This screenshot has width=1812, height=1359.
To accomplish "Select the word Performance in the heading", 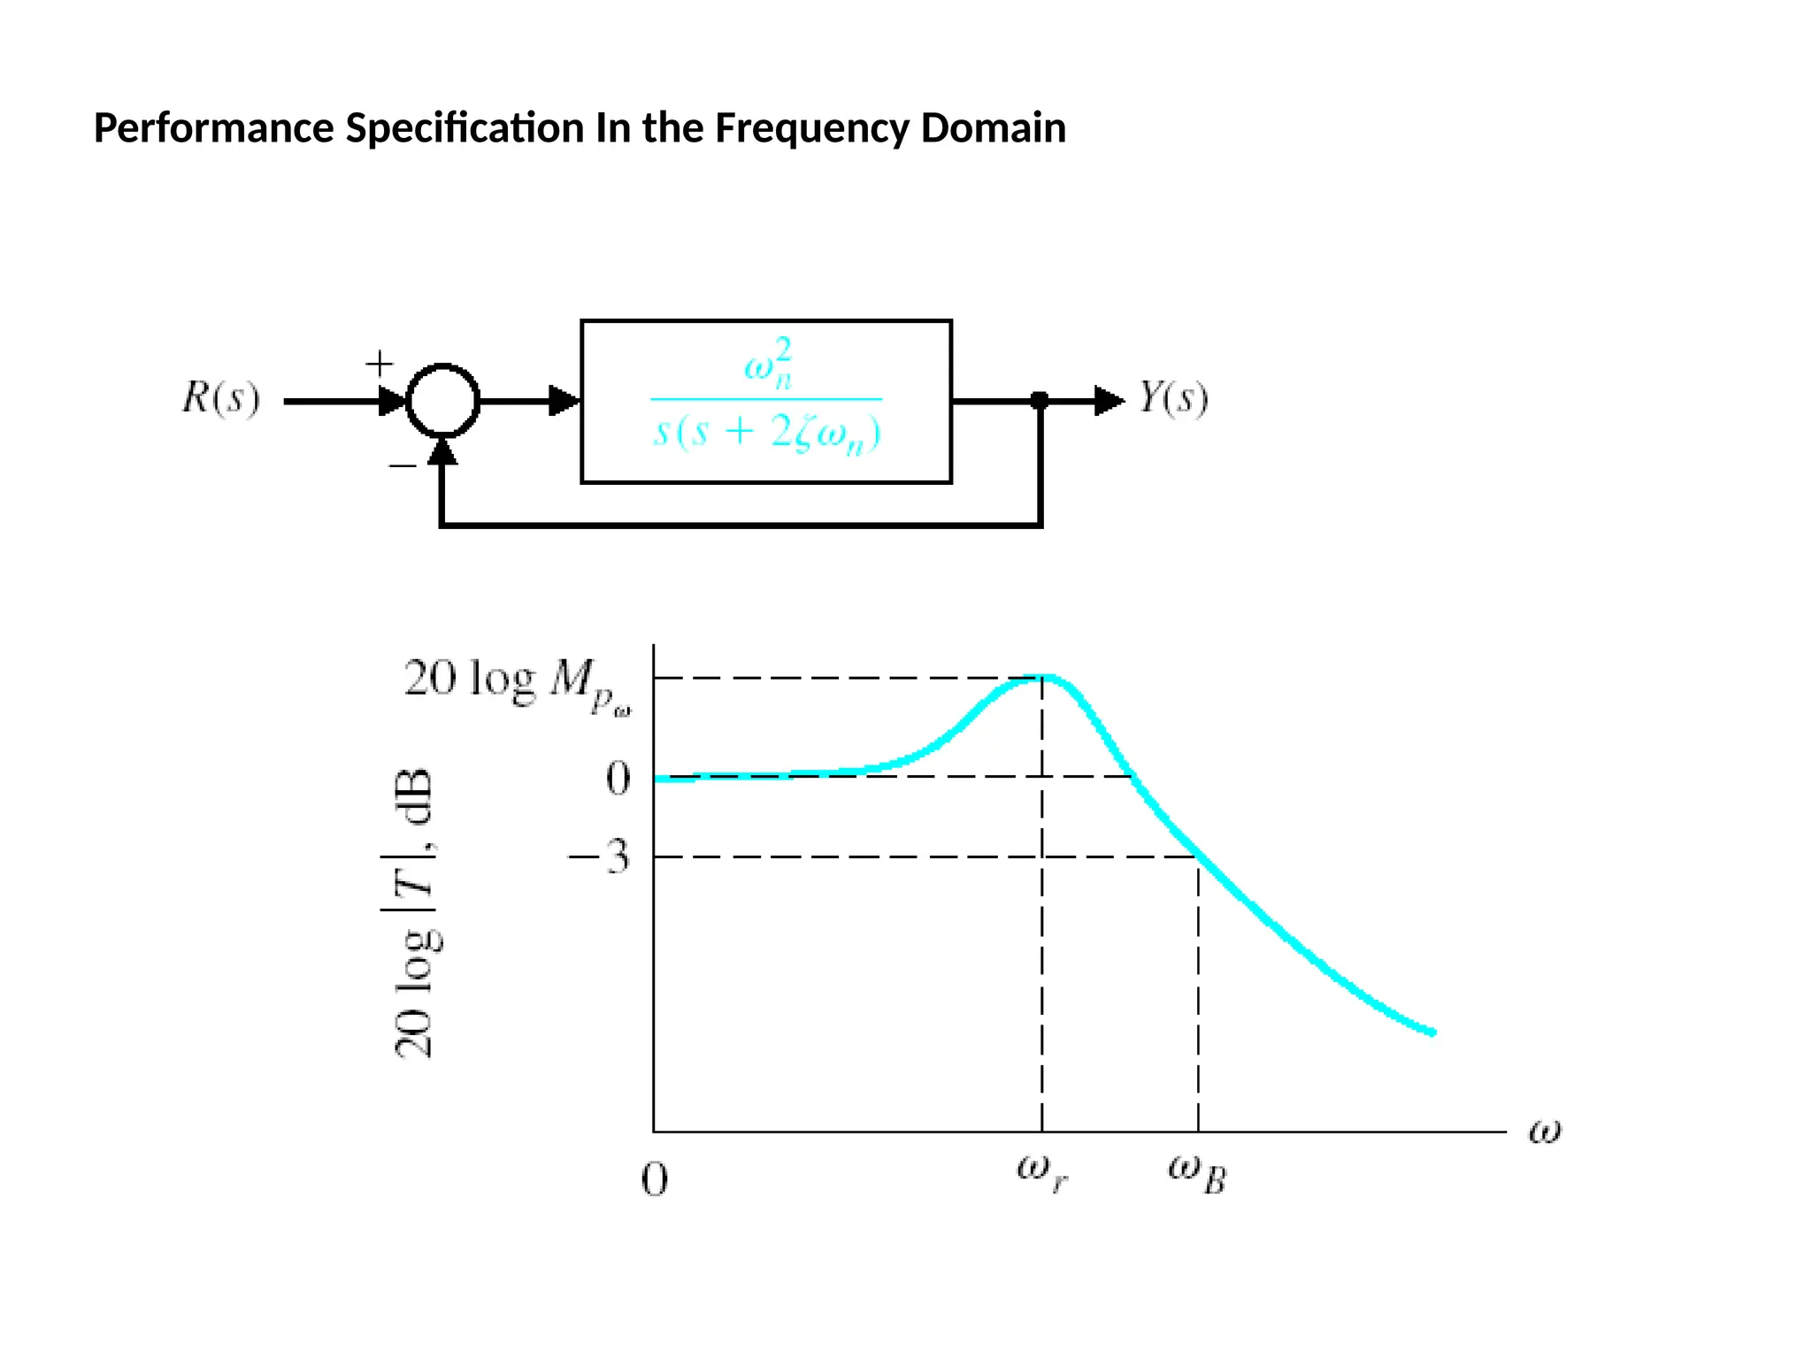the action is point(213,128).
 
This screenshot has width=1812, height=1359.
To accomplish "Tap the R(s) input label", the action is point(221,398).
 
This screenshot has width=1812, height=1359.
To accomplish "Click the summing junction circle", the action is point(442,401).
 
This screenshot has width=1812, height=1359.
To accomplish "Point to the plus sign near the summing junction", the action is point(380,363).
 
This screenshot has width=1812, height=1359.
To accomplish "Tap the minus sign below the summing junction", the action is point(403,465).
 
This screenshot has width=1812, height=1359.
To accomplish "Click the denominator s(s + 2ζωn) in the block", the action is point(767,434).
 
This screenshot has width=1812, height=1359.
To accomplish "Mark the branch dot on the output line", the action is point(1040,401).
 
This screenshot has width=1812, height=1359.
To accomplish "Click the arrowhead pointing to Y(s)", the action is point(1109,401).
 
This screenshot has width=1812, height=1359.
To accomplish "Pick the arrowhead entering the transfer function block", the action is point(564,401).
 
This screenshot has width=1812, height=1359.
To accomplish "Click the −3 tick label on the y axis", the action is point(599,856).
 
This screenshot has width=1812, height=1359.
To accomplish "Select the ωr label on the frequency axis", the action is point(1042,1172).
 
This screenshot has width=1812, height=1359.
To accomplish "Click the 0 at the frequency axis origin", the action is point(654,1179).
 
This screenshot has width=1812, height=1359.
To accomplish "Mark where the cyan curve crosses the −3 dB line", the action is point(1197,856).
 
